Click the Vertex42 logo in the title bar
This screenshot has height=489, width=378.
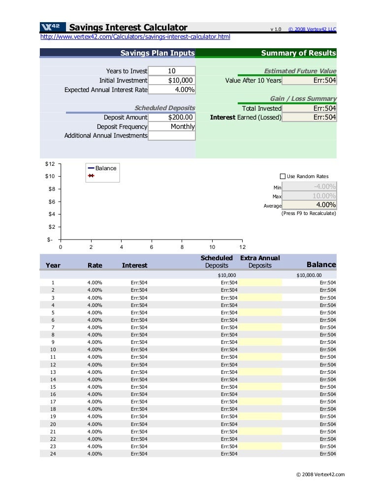[52, 28]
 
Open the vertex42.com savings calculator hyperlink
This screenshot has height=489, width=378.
[135, 37]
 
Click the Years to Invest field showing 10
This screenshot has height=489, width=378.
[171, 71]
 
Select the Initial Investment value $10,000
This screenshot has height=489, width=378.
[171, 80]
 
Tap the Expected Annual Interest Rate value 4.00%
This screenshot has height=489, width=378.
[171, 90]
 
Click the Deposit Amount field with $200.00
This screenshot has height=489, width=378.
[171, 117]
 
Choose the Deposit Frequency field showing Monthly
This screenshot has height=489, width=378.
[171, 126]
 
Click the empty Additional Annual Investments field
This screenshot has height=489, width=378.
[171, 135]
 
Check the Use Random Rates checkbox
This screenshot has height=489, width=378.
[283, 176]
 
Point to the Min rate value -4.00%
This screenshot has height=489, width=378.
[310, 186]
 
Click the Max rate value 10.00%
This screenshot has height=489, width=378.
[310, 196]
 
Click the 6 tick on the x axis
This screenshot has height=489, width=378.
[152, 247]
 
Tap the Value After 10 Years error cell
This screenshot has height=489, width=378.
[310, 80]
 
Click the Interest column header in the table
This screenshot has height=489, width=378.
[134, 265]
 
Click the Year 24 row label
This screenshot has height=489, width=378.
[53, 454]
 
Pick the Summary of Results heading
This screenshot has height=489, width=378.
[298, 53]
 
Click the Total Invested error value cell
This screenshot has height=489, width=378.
[310, 108]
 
